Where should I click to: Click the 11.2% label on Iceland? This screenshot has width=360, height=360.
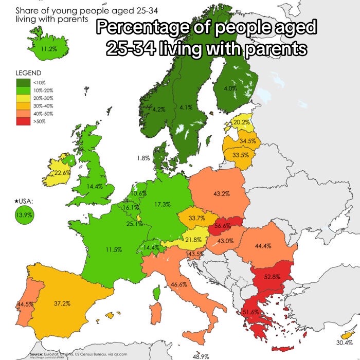tap(49, 49)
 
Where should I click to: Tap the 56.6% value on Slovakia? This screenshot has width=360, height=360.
tap(222, 226)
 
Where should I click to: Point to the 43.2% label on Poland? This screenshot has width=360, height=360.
tap(221, 194)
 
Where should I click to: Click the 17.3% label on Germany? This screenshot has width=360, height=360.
tap(163, 204)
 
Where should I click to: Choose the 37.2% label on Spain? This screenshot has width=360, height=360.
tap(62, 303)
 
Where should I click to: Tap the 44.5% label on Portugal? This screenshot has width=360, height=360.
tap(25, 304)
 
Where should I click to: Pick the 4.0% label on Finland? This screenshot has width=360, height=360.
tap(230, 88)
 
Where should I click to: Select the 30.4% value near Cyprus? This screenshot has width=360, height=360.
tap(345, 343)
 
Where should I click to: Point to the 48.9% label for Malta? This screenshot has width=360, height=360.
tap(200, 356)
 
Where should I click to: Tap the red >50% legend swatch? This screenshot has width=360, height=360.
tap(24, 121)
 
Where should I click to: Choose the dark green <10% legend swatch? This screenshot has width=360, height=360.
tap(24, 82)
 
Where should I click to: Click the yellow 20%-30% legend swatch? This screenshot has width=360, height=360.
tap(24, 98)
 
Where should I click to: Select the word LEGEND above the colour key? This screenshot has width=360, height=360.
tap(29, 73)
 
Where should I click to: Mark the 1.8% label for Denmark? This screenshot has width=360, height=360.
tap(143, 158)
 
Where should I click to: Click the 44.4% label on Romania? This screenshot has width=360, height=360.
tap(263, 246)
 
